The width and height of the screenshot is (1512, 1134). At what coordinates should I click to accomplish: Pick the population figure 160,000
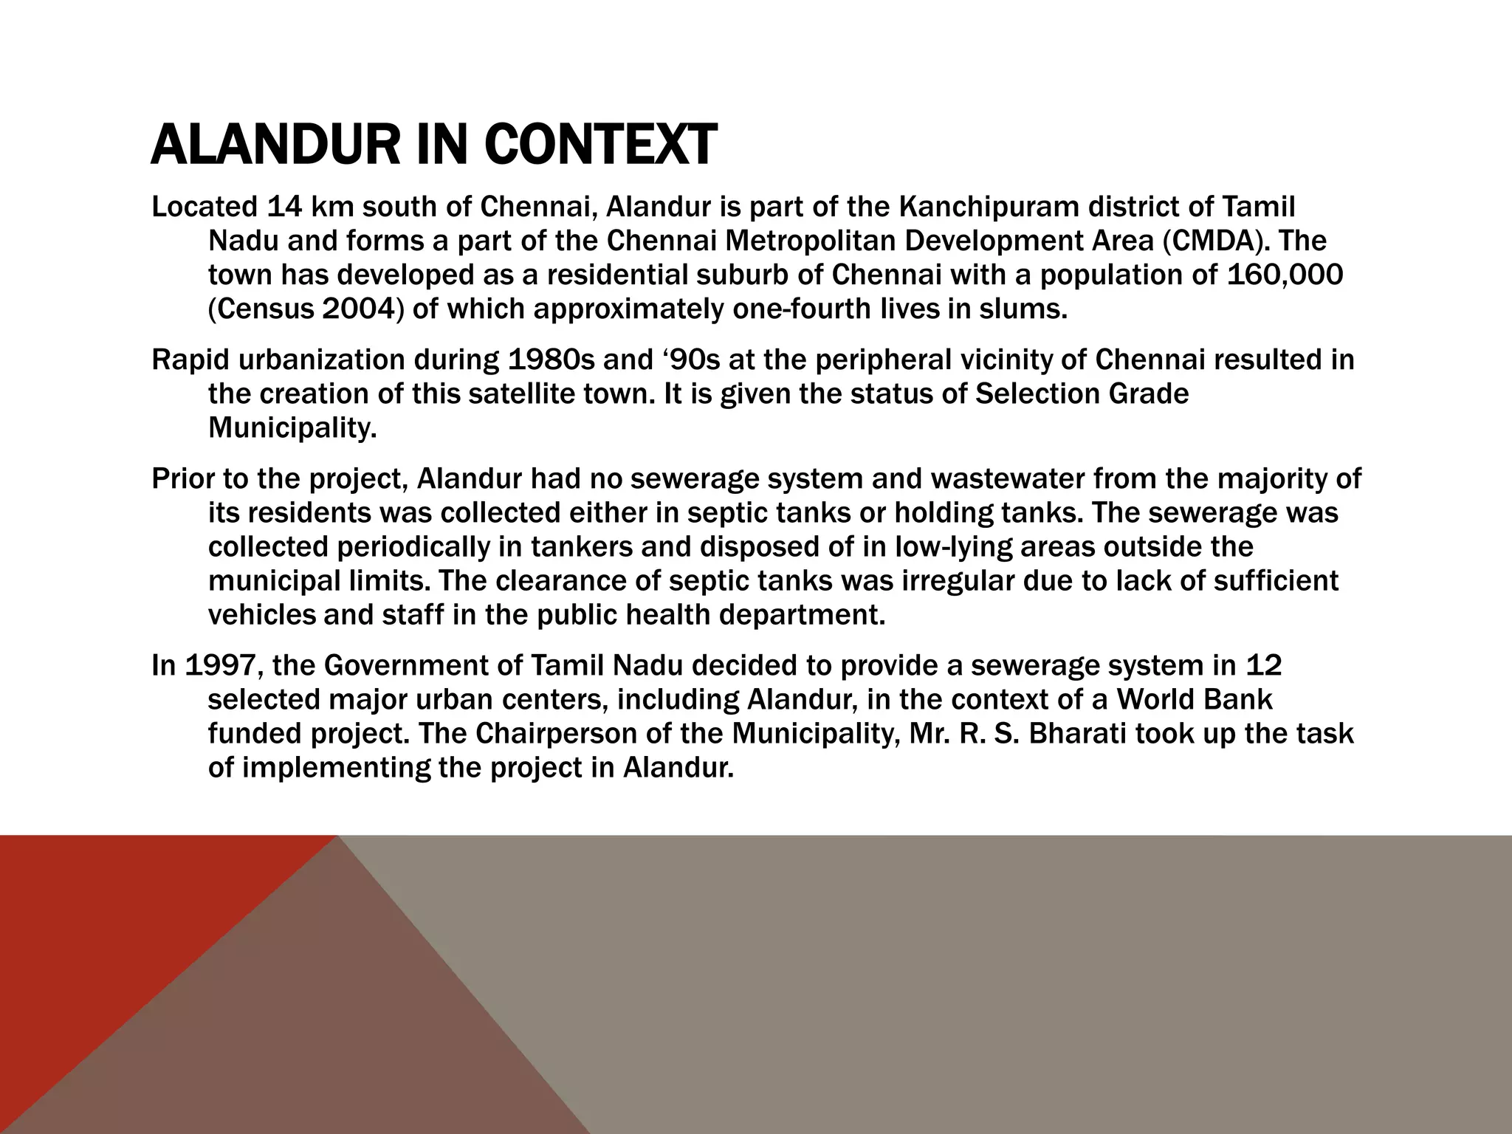[1284, 275]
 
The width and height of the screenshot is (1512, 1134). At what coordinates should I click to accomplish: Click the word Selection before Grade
[1037, 394]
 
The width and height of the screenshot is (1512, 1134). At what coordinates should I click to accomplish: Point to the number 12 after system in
[1263, 666]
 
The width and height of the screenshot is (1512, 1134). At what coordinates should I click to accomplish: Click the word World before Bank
[1159, 700]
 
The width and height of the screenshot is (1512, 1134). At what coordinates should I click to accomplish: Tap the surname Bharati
[1076, 734]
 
